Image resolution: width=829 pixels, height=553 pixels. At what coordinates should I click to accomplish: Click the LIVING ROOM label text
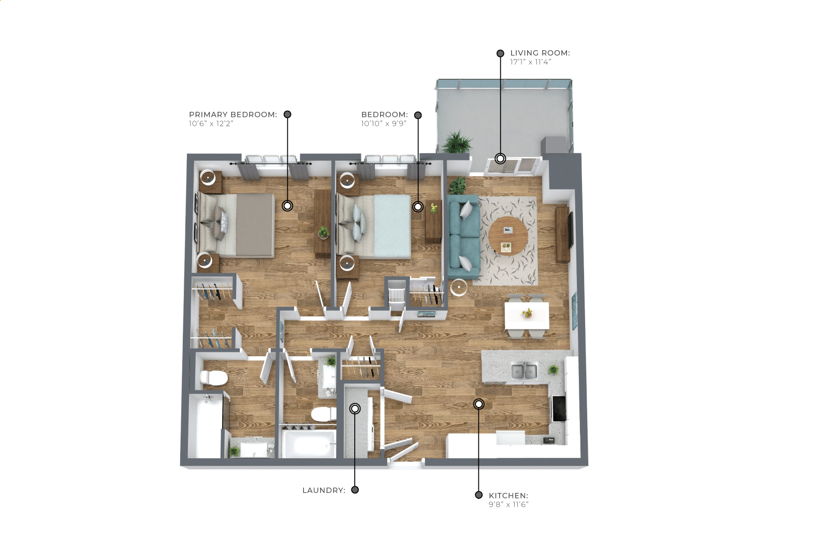coord(540,53)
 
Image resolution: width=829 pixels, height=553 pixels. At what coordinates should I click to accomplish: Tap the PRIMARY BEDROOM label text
coord(233,115)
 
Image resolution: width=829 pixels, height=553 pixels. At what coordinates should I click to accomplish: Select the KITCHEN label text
coord(508,496)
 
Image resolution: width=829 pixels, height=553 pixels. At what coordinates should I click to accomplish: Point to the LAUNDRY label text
coord(324,490)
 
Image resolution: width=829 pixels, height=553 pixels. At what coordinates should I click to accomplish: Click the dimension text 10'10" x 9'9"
coord(384,124)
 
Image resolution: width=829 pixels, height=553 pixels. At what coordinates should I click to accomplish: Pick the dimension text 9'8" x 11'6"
coord(508,504)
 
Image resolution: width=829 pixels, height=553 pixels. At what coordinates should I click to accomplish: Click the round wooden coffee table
coord(508,236)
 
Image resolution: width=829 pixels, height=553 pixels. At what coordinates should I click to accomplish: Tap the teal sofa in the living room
coord(464,237)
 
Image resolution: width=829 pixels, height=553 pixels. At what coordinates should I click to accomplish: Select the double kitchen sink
coord(524,371)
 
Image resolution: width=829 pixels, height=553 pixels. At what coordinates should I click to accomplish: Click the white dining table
coord(527,315)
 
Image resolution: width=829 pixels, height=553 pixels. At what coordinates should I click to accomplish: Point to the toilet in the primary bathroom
coord(213,378)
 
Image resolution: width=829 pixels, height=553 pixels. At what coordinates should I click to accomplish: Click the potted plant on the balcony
coord(457,142)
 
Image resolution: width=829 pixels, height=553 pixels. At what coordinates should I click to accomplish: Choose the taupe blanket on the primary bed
coord(255,225)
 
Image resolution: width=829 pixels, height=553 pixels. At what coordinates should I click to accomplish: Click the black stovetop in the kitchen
coord(559,409)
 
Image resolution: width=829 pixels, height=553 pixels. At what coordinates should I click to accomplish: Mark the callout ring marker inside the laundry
coord(355,409)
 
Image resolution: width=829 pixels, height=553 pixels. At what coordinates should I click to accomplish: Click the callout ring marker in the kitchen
coord(479,404)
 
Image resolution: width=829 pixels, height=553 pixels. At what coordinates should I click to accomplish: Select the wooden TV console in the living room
coord(562,235)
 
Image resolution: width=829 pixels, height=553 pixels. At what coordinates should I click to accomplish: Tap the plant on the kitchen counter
coord(554,369)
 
